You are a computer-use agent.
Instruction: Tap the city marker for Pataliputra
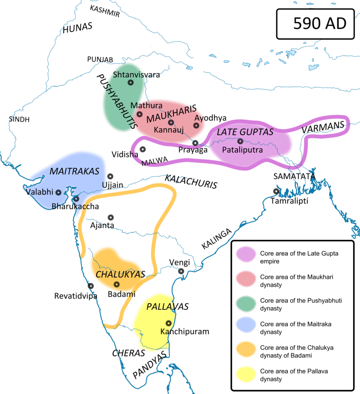coord(241,141)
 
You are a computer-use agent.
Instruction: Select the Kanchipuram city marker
coord(168,323)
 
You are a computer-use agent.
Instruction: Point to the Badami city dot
coord(116,284)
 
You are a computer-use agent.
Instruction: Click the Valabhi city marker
coord(59,192)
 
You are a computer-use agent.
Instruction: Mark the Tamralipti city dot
coord(276,191)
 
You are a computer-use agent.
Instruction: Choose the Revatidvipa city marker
coord(90,286)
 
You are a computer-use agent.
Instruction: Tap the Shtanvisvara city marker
coord(131,82)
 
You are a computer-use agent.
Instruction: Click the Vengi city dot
coord(181,271)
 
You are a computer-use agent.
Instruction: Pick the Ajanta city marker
coord(111,217)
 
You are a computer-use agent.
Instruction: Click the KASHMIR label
coord(105,11)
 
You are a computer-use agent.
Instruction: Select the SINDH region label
coord(19,119)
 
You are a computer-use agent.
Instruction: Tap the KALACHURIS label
coord(191,181)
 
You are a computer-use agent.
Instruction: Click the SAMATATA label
coord(294,176)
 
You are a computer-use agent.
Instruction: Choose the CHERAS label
coord(129,353)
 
